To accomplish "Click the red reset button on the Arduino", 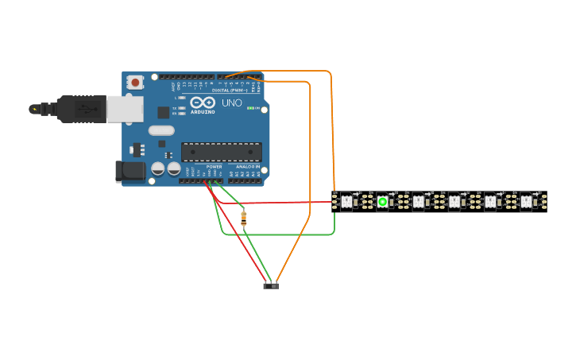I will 136,82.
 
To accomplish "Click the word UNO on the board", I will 231,103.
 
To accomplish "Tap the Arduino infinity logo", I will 203,103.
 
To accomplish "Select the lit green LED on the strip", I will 382,202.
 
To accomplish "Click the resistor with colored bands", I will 243,218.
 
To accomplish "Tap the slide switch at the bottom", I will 271,285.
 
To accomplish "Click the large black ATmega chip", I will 221,152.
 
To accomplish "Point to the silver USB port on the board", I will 125,109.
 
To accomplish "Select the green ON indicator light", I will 251,108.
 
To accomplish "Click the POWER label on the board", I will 215,167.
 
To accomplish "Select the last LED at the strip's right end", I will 526,202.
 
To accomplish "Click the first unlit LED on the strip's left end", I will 346,202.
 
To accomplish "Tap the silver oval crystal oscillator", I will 161,130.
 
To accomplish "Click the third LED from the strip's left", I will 418,202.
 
